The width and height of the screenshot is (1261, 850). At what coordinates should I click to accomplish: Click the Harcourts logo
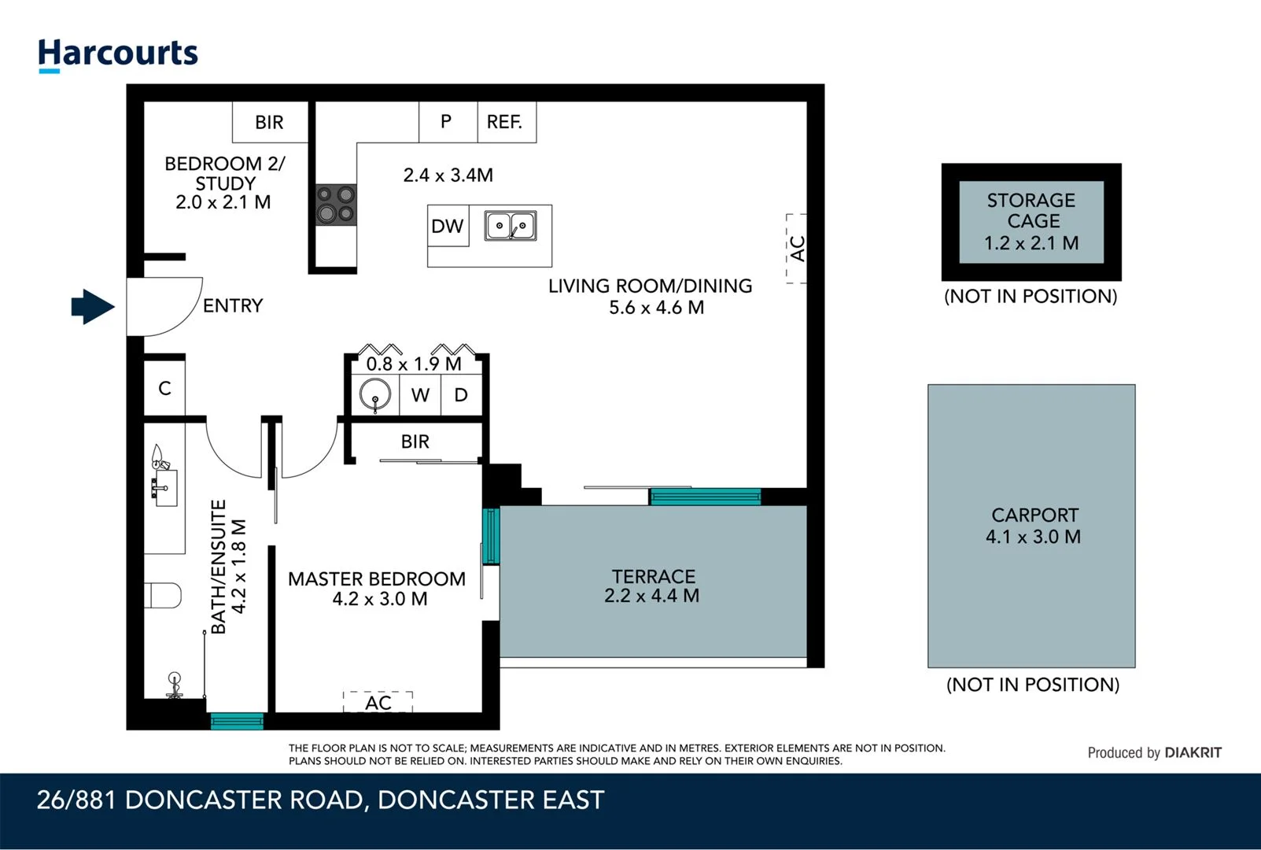pyautogui.click(x=118, y=54)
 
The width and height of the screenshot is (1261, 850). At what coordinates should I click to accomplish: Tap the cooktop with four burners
pyautogui.click(x=336, y=205)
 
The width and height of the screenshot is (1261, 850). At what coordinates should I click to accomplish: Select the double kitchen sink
pyautogui.click(x=510, y=226)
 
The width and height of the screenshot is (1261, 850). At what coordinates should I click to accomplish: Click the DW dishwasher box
pyautogui.click(x=448, y=227)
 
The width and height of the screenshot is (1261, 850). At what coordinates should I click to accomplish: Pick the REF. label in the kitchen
pyautogui.click(x=504, y=122)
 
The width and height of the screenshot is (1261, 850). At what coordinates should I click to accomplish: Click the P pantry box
pyautogui.click(x=446, y=122)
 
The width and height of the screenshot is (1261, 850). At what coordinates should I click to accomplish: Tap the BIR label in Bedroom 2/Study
pyautogui.click(x=269, y=123)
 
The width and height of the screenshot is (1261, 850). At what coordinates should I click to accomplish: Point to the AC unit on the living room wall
pyautogui.click(x=797, y=249)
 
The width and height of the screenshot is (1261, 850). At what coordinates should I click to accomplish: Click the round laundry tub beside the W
pyautogui.click(x=375, y=394)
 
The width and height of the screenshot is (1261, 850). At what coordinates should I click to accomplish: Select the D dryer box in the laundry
pyautogui.click(x=461, y=395)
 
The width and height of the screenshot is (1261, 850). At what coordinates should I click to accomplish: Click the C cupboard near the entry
pyautogui.click(x=164, y=388)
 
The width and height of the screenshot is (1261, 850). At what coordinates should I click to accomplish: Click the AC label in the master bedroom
pyautogui.click(x=378, y=702)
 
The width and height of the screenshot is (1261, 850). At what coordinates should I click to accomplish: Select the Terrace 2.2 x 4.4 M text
pyautogui.click(x=652, y=586)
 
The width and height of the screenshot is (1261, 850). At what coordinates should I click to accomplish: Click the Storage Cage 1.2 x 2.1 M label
pyautogui.click(x=1031, y=222)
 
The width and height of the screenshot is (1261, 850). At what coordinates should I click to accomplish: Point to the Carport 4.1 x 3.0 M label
pyautogui.click(x=1034, y=526)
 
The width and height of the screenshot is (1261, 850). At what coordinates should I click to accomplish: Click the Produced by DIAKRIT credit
pyautogui.click(x=1154, y=752)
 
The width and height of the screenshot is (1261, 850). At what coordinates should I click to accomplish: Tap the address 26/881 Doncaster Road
pyautogui.click(x=320, y=800)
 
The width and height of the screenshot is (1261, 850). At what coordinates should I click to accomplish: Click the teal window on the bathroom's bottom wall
pyautogui.click(x=237, y=720)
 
